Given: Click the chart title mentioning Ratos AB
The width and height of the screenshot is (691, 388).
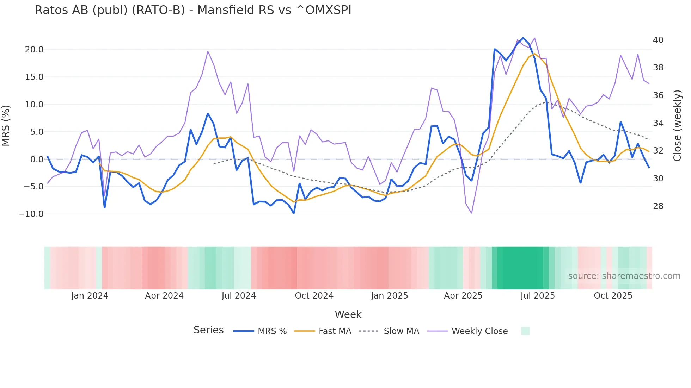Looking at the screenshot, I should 193,10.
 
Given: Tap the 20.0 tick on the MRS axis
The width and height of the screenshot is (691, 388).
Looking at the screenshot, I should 34,50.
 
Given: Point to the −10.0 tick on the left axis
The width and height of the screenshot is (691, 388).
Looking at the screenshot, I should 31,214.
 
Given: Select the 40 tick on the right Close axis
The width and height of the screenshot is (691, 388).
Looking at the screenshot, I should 658,40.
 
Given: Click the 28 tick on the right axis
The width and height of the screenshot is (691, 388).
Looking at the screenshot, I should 658,206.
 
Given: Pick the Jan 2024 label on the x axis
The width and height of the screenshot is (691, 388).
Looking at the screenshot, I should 90,296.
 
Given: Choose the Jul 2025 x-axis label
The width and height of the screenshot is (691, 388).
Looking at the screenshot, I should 537,296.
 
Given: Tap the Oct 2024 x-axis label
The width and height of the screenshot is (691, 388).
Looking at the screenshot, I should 314,296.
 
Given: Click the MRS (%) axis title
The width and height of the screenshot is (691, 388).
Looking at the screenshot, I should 6,125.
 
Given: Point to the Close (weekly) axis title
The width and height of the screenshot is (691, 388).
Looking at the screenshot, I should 677,125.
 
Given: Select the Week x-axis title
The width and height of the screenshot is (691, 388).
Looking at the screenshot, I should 348,314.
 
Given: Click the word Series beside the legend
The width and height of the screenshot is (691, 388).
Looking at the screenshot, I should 208,330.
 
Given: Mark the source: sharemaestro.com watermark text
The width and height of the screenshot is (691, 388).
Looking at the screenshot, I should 624,276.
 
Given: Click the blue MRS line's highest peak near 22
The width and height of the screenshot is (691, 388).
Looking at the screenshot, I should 523,38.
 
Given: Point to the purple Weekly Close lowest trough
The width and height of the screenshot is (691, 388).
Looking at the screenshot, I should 471,213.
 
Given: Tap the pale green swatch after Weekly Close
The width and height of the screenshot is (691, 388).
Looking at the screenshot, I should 525,331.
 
